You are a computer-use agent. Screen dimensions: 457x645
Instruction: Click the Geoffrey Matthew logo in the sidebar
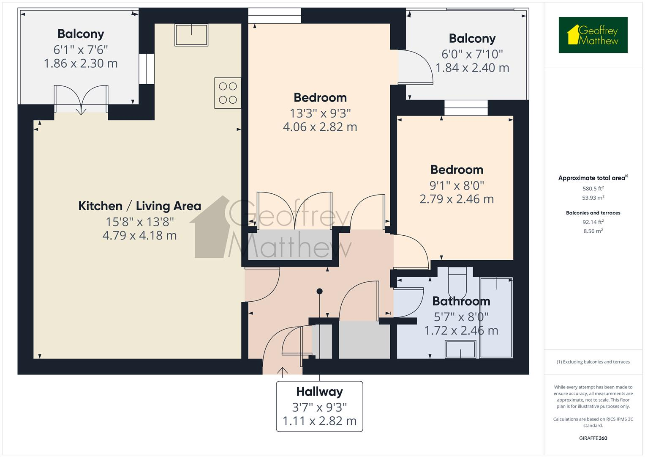click(x=593, y=35)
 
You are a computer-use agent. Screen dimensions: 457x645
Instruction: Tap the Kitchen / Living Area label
click(x=139, y=206)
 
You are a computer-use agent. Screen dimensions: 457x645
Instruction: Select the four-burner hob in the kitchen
click(x=228, y=93)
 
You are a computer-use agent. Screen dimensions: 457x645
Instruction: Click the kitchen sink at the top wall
click(x=191, y=34)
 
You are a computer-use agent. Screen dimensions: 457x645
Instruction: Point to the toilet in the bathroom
click(x=457, y=281)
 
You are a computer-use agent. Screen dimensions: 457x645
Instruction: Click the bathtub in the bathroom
click(x=496, y=317)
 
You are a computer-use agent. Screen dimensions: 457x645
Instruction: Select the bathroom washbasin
click(x=460, y=350)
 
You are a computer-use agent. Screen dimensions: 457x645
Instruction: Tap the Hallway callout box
click(x=319, y=406)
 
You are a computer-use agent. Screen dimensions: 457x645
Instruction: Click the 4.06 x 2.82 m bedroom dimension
click(x=320, y=127)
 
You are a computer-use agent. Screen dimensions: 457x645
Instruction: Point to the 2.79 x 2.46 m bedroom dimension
click(x=456, y=199)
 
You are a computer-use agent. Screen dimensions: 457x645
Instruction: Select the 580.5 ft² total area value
click(x=593, y=189)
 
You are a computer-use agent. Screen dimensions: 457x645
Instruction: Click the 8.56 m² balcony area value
click(x=593, y=231)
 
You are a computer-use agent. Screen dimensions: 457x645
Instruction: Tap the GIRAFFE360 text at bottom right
click(x=593, y=438)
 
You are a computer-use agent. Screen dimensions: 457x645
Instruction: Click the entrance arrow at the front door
click(x=282, y=371)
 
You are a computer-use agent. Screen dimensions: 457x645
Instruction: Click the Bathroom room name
click(x=461, y=301)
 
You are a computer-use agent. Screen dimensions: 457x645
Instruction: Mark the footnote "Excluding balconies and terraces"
click(x=593, y=362)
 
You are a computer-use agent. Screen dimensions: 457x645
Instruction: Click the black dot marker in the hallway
click(x=319, y=291)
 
